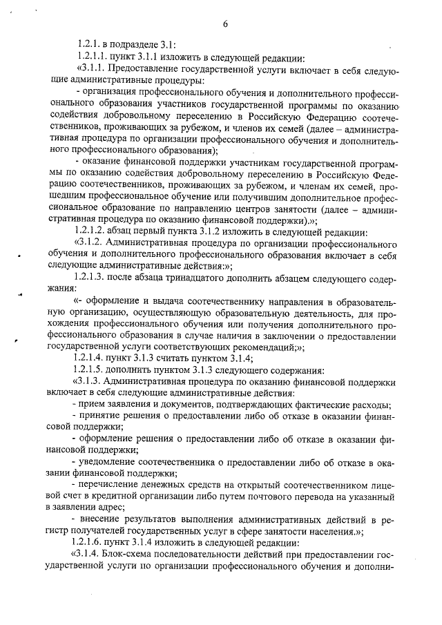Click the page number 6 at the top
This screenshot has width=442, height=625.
pos(225,25)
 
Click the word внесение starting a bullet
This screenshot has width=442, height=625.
pos(102,520)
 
